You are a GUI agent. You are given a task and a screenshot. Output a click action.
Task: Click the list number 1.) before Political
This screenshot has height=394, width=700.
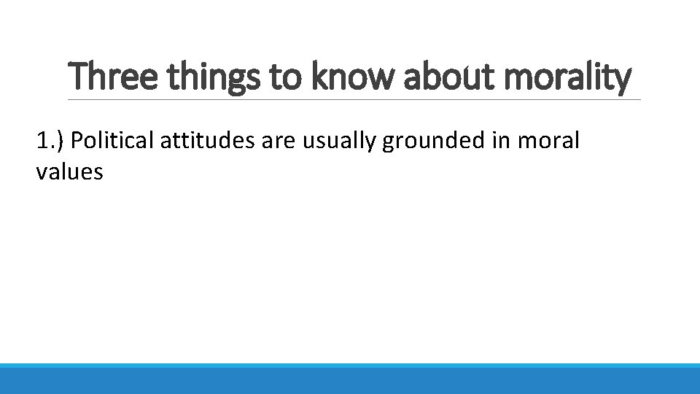[x=50, y=140]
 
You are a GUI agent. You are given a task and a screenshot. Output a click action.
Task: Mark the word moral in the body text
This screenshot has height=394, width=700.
[x=548, y=139]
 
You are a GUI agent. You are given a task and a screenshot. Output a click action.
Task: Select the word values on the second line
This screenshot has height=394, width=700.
[x=69, y=172]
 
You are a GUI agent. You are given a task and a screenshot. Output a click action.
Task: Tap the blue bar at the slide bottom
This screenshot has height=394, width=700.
[x=350, y=379]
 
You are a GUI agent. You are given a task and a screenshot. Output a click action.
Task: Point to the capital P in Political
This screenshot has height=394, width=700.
[x=78, y=139]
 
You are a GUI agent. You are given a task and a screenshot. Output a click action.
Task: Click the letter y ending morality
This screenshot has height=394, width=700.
[x=621, y=81]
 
